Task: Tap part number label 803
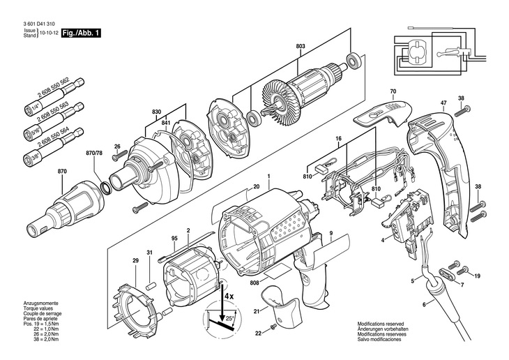click(x=301, y=47)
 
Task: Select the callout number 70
click(x=393, y=92)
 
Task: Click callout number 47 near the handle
click(x=443, y=103)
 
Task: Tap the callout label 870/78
click(x=93, y=153)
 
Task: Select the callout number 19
click(x=478, y=277)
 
